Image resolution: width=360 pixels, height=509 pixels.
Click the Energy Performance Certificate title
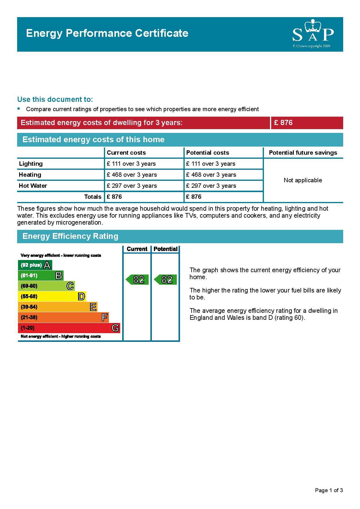107,33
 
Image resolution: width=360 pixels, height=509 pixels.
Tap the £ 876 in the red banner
283,123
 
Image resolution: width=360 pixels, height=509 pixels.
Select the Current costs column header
126,153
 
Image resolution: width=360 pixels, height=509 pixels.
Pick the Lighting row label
31,164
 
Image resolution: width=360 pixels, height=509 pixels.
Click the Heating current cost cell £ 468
132,175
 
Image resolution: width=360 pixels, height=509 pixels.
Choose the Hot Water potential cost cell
211,186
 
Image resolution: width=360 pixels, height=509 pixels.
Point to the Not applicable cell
303,180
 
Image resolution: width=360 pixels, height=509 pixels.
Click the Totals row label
93,197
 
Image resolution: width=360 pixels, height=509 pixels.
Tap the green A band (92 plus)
35,265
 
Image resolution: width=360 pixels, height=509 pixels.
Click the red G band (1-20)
69,328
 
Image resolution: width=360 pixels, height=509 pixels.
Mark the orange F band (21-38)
63,317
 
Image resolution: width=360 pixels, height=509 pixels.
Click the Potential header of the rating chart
165,249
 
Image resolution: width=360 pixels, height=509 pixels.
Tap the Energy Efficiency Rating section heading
70,236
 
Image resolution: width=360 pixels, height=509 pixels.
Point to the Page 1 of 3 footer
329,490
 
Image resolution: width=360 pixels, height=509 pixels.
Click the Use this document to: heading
55,100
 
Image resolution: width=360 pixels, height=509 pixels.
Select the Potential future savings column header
303,153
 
